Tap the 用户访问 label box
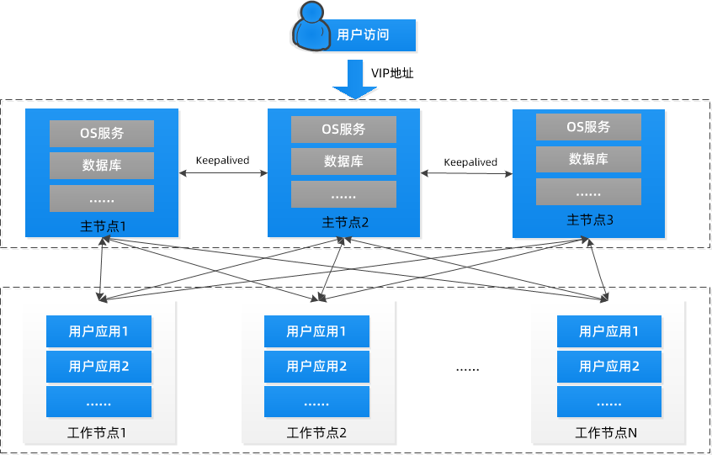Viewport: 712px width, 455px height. click(x=363, y=35)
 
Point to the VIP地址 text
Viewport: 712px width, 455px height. click(x=392, y=73)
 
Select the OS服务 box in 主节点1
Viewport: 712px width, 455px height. click(x=102, y=134)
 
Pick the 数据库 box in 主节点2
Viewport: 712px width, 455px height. click(x=343, y=161)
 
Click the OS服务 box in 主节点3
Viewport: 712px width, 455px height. click(x=588, y=127)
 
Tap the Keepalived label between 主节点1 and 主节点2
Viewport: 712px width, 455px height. click(x=222, y=160)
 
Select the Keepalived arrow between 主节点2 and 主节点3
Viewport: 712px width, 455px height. click(x=467, y=174)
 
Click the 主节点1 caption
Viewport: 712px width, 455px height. click(x=102, y=226)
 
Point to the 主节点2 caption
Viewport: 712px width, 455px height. click(x=345, y=223)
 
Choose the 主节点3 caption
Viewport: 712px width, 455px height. click(x=590, y=220)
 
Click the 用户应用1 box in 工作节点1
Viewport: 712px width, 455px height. click(x=98, y=331)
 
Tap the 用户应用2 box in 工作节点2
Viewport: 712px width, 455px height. click(x=316, y=366)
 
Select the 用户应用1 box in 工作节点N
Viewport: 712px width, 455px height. click(x=609, y=331)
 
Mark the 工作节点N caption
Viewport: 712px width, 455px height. click(x=606, y=433)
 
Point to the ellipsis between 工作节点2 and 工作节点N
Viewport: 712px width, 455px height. click(x=467, y=368)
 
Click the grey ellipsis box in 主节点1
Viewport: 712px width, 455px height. click(x=102, y=198)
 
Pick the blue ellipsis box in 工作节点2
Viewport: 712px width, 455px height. click(x=316, y=402)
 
